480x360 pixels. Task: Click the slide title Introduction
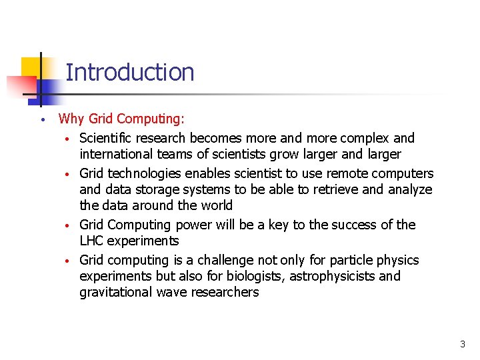pos(130,72)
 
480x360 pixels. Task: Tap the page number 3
pos(462,345)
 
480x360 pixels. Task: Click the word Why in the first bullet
pos(71,119)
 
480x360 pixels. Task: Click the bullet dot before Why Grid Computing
pos(41,121)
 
